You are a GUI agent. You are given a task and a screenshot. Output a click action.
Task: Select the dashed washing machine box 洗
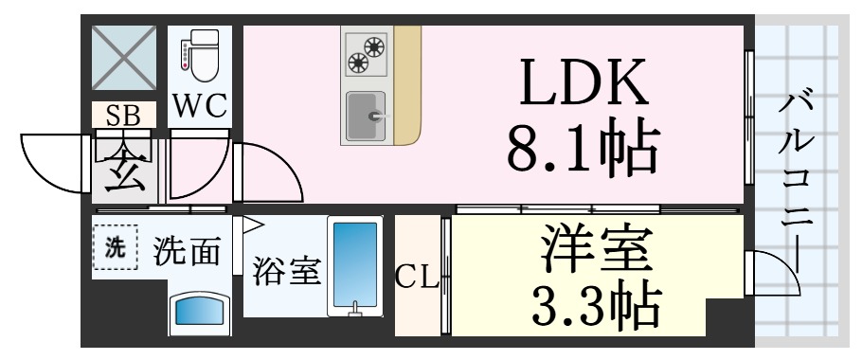click(x=116, y=248)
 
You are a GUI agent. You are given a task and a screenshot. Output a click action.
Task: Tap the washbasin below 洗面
click(x=199, y=311)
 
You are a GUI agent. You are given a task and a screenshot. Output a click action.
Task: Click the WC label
click(x=199, y=107)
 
